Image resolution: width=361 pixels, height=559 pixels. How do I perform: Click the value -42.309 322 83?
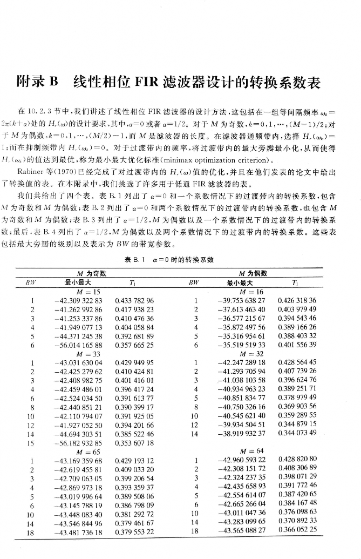point(79,301)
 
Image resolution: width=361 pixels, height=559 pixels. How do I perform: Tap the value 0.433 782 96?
point(134,301)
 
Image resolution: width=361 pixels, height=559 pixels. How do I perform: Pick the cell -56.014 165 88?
point(79,345)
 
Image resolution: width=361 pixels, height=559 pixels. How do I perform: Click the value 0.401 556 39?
point(297,345)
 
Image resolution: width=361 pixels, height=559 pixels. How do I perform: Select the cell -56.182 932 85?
point(79,443)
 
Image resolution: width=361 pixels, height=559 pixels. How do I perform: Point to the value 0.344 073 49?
point(297,434)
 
